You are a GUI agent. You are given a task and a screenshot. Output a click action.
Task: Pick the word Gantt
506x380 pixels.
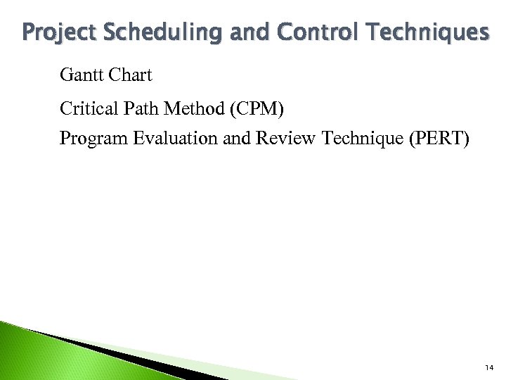pyautogui.click(x=81, y=74)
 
